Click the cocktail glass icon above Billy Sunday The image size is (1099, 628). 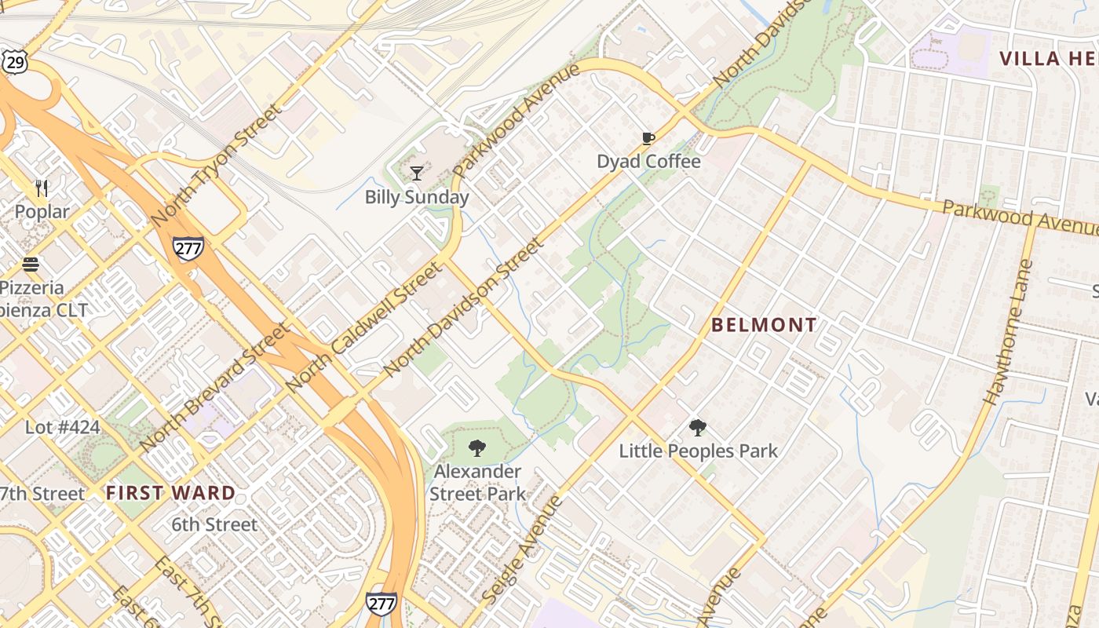pos(417,173)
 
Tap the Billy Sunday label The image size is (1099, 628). pos(417,197)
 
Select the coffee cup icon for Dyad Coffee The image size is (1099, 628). pos(648,139)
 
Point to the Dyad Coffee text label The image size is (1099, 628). pos(648,162)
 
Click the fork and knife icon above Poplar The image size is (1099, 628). pos(42,188)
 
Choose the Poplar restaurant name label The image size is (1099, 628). pos(42,212)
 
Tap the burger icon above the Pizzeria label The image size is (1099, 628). pos(31,264)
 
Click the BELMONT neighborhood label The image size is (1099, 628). pos(764,325)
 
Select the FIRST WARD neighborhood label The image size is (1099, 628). pos(170,493)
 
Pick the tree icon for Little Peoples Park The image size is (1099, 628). pos(697,428)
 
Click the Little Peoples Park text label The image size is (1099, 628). pos(698,451)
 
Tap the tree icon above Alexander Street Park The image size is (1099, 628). pos(476,448)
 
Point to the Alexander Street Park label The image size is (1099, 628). pos(477,482)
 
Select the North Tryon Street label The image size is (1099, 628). pos(216,165)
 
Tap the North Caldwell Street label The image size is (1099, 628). pos(364,327)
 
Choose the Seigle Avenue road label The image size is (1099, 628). pos(522,549)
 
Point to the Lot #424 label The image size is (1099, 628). pos(63,428)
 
